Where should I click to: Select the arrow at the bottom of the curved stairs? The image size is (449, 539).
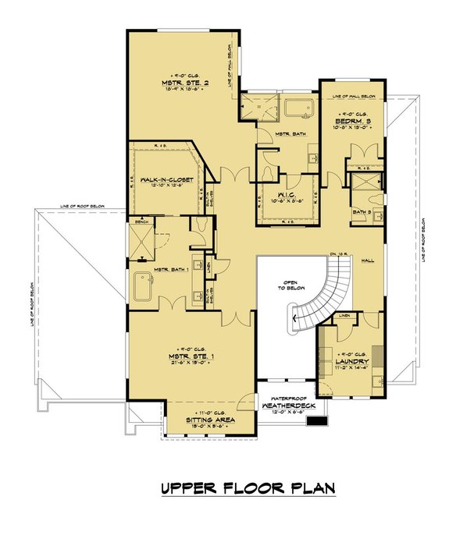[295, 317]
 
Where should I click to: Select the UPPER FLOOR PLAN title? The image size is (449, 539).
[248, 489]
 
